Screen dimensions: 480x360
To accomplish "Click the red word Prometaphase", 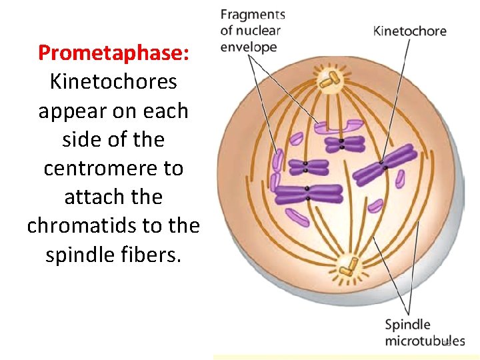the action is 113,53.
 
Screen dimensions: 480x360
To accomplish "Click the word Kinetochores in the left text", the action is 113,81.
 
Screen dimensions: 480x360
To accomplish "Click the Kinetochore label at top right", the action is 409,31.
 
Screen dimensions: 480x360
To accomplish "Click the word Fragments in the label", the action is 252,15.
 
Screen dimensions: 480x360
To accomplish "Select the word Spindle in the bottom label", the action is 407,325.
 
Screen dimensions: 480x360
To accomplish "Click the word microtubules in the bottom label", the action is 425,341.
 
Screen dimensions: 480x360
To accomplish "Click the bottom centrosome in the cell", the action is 347,267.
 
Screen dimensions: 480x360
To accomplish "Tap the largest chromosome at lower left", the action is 309,193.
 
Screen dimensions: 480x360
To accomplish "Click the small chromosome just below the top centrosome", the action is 341,143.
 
